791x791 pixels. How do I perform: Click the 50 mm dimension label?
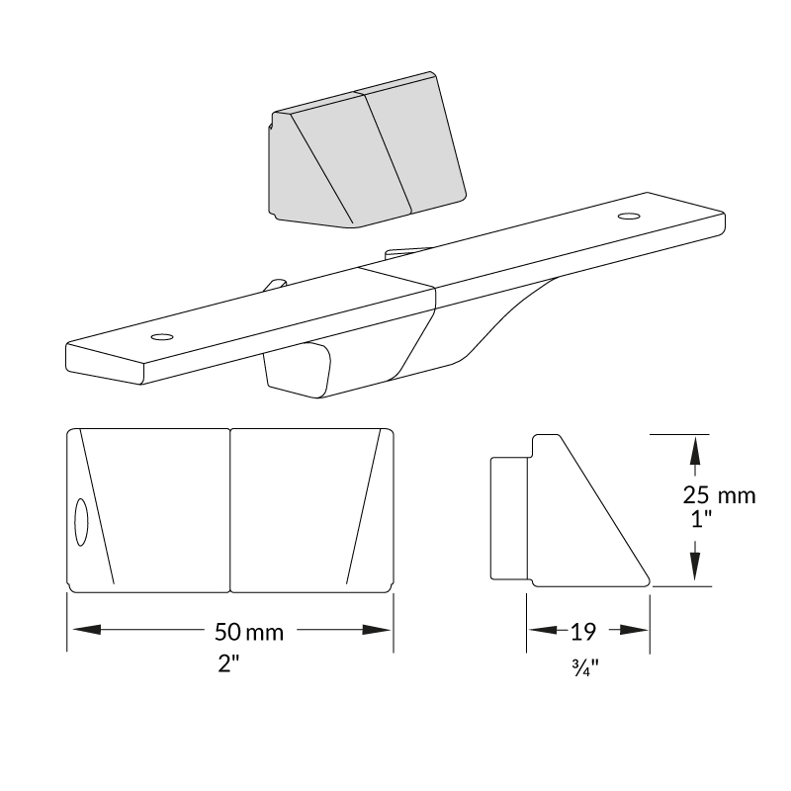[x=249, y=632]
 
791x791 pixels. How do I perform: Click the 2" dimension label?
[x=228, y=663]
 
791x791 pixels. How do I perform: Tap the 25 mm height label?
[x=720, y=495]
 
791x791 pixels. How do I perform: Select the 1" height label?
[x=701, y=518]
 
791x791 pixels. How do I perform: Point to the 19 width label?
[x=583, y=631]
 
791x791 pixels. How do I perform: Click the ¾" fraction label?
[x=585, y=668]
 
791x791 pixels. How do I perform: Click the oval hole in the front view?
[x=81, y=522]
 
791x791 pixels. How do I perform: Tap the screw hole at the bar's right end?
[x=629, y=217]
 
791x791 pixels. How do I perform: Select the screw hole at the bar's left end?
[x=162, y=336]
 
